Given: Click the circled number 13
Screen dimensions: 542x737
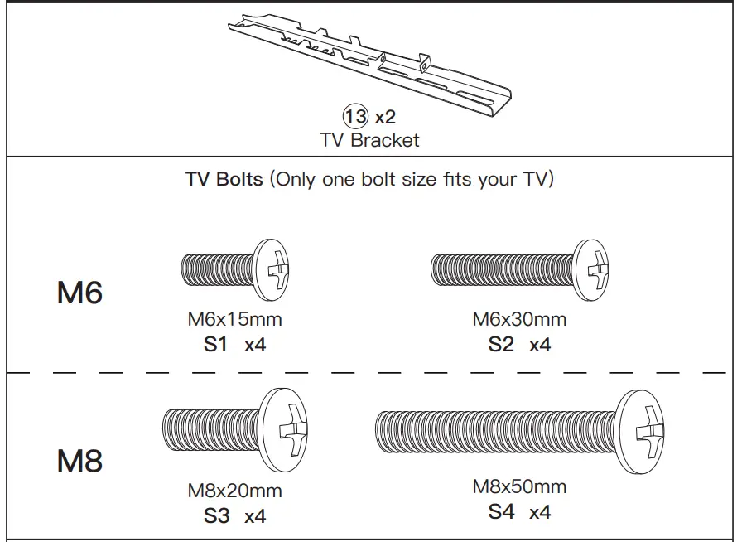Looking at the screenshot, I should [355, 117].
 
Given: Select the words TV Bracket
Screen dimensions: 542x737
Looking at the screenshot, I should [369, 140].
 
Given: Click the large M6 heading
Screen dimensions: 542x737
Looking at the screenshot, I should [79, 293].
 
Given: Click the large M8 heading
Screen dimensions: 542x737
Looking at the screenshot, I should [79, 461].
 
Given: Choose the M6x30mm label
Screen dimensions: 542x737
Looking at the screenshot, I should [519, 319].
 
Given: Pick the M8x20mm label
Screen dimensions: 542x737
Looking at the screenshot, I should [234, 490].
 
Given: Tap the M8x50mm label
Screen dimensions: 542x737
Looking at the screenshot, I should [519, 486].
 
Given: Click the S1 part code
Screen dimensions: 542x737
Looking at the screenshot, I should [215, 344].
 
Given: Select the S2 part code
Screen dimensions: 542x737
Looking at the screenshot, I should [501, 344].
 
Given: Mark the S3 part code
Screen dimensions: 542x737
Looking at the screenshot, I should [216, 515].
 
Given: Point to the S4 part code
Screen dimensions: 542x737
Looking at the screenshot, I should [501, 512].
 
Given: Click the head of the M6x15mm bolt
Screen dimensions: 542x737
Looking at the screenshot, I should [275, 269].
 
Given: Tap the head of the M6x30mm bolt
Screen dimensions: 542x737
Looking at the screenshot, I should [591, 269].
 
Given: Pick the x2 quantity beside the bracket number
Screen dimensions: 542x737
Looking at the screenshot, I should [384, 117].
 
